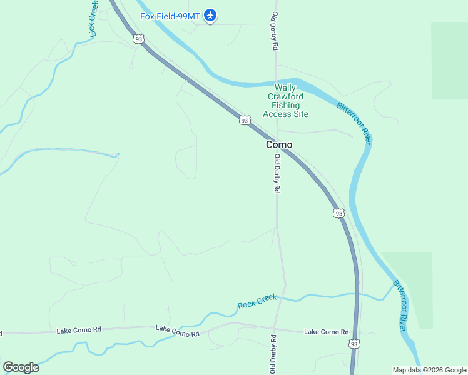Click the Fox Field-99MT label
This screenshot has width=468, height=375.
[170, 16]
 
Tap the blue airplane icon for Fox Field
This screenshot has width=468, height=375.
[211, 16]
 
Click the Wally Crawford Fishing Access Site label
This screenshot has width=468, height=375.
[285, 101]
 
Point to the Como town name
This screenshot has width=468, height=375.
[279, 144]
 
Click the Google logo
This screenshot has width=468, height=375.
[21, 367]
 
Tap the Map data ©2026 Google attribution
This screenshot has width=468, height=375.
[430, 370]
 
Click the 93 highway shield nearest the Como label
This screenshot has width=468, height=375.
[245, 120]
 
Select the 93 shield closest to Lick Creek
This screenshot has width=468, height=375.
[138, 39]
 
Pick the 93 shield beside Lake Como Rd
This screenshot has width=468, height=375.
[355, 344]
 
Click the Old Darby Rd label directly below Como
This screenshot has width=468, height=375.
[276, 174]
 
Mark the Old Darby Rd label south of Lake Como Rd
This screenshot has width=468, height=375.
[273, 354]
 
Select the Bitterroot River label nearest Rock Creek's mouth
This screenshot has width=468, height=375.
[401, 306]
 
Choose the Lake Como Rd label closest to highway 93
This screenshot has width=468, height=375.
[326, 332]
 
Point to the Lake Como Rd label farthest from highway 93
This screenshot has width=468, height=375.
[79, 329]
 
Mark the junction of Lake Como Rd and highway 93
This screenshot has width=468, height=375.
[357, 332]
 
